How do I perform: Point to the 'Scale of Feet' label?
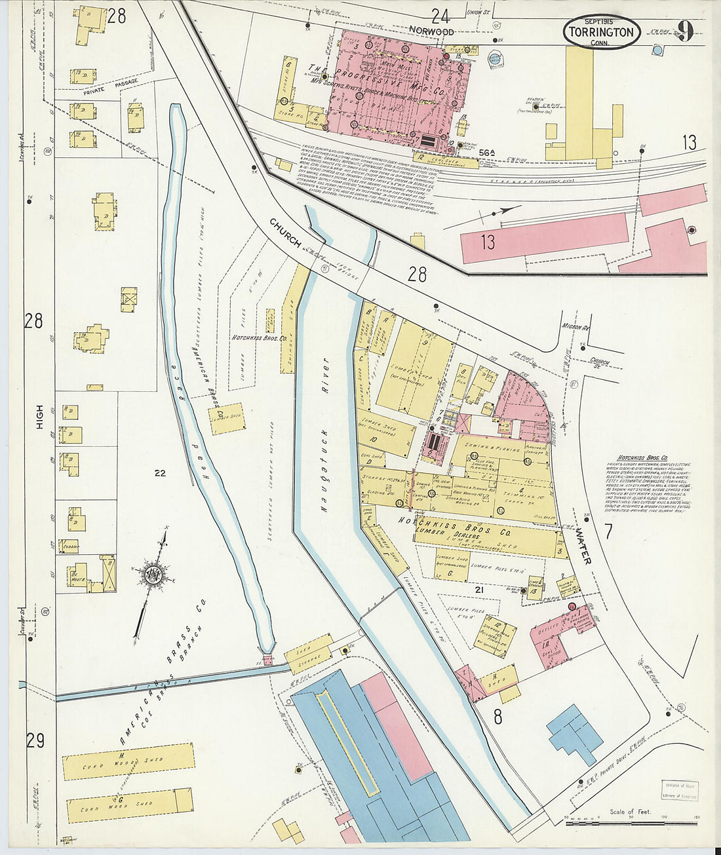(630, 812)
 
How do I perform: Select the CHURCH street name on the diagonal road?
(284, 234)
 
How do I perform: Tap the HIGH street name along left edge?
(39, 416)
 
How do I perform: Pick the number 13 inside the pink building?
(487, 242)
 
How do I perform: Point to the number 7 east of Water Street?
(608, 531)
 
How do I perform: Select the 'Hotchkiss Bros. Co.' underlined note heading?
(642, 457)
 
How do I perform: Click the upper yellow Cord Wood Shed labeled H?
(128, 762)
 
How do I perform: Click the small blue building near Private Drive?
(575, 734)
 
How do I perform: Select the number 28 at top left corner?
(116, 16)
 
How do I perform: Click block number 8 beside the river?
(497, 717)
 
